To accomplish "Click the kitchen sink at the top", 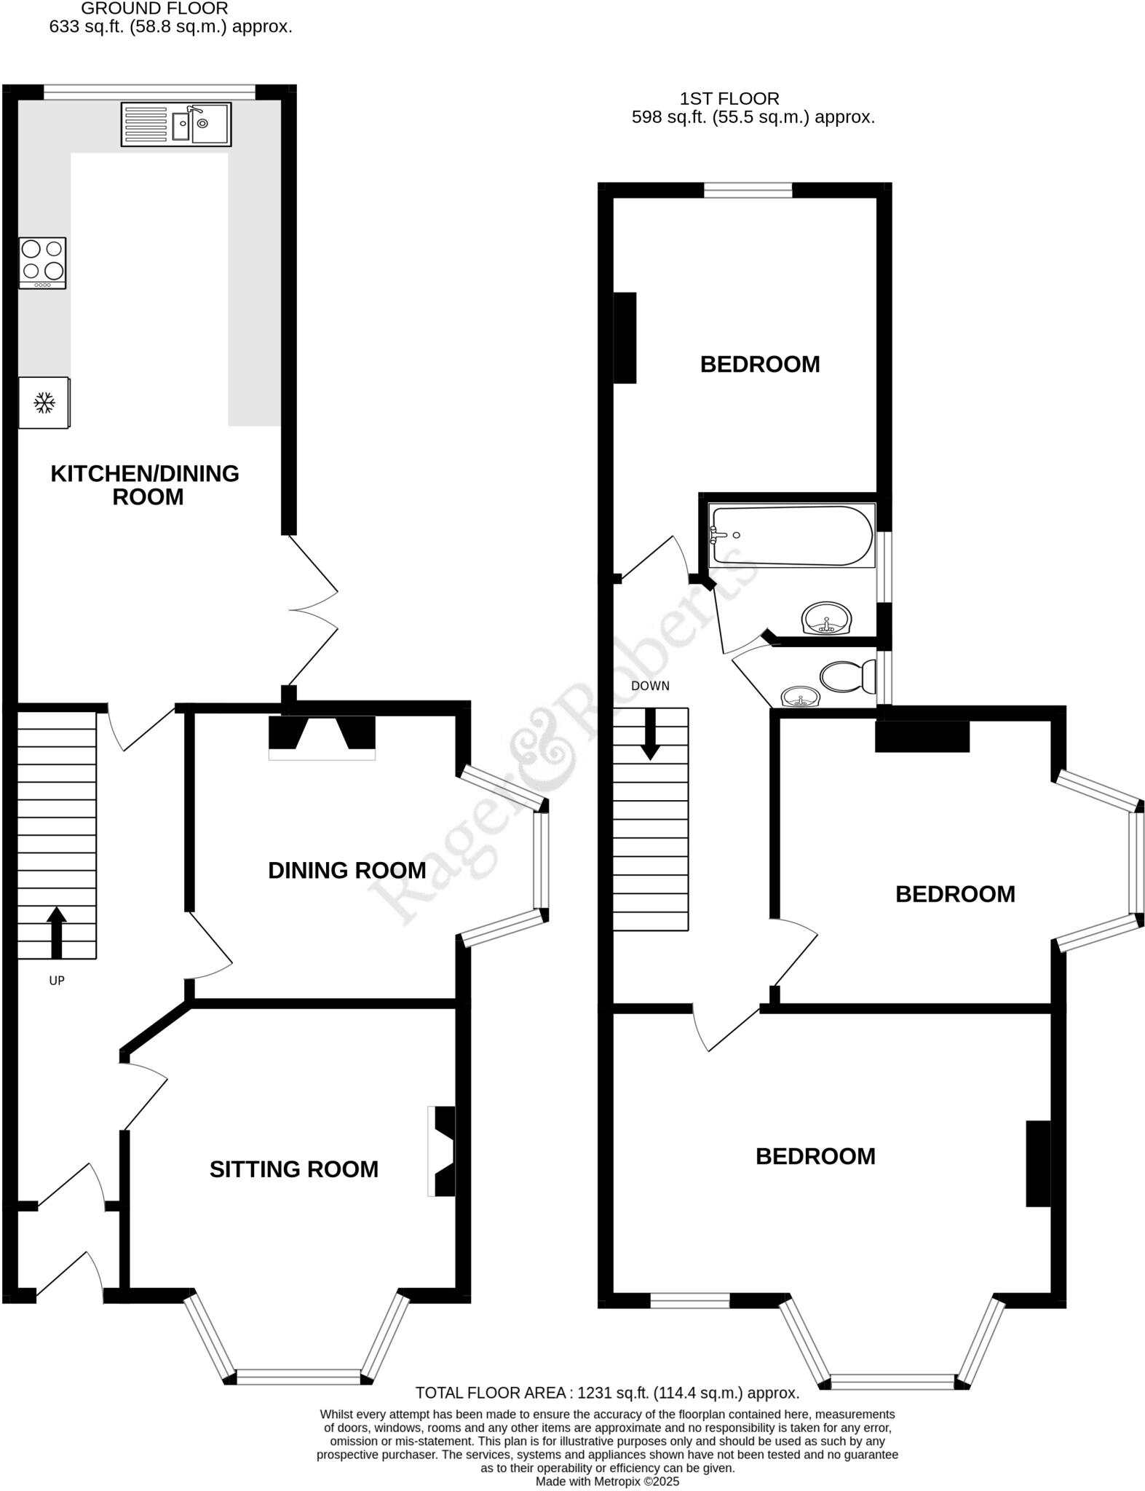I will pyautogui.click(x=176, y=124).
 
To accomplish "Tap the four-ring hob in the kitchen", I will pyautogui.click(x=42, y=263).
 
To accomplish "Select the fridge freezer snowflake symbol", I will pyautogui.click(x=44, y=403).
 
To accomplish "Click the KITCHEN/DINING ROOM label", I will pyautogui.click(x=145, y=485).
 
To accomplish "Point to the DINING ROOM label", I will pyautogui.click(x=346, y=870).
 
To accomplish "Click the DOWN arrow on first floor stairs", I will pyautogui.click(x=650, y=734).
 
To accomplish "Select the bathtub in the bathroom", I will pyautogui.click(x=792, y=536).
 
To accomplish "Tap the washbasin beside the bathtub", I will pyautogui.click(x=827, y=620).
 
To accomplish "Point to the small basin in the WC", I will pyautogui.click(x=801, y=697).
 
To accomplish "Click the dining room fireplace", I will pyautogui.click(x=322, y=735).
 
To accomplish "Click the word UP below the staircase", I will pyautogui.click(x=57, y=981).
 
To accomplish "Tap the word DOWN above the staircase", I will pyautogui.click(x=650, y=686).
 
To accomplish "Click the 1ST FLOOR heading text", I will pyautogui.click(x=729, y=98).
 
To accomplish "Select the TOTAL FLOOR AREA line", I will pyautogui.click(x=607, y=1393).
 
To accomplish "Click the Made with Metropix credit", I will pyautogui.click(x=607, y=1482).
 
